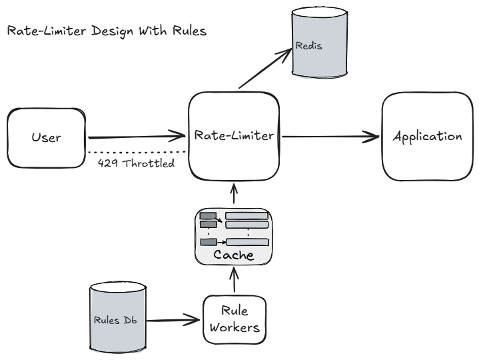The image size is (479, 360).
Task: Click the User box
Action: point(47,138)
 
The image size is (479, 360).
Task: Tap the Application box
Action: point(427,137)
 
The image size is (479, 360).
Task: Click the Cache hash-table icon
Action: point(234,229)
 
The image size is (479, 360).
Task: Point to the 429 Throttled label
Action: point(136,162)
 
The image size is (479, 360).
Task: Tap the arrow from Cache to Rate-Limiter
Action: point(234,195)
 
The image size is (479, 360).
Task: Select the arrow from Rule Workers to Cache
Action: point(234,280)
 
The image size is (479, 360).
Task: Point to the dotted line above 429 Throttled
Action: point(137,152)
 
